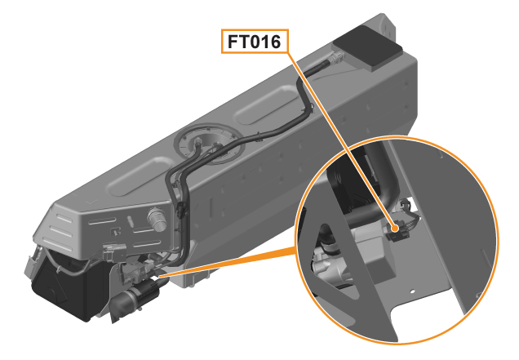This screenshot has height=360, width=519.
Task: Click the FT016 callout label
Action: point(255,42)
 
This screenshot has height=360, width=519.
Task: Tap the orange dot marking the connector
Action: point(394,229)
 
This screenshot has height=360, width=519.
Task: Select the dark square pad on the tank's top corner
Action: point(368,47)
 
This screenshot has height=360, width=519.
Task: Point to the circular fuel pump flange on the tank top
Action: point(210,144)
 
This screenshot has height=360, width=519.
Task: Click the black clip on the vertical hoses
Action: point(180,209)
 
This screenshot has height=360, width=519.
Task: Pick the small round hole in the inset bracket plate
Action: point(412,291)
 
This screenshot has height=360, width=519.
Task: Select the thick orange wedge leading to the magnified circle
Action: point(228,262)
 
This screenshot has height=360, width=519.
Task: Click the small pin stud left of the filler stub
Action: point(130,221)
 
